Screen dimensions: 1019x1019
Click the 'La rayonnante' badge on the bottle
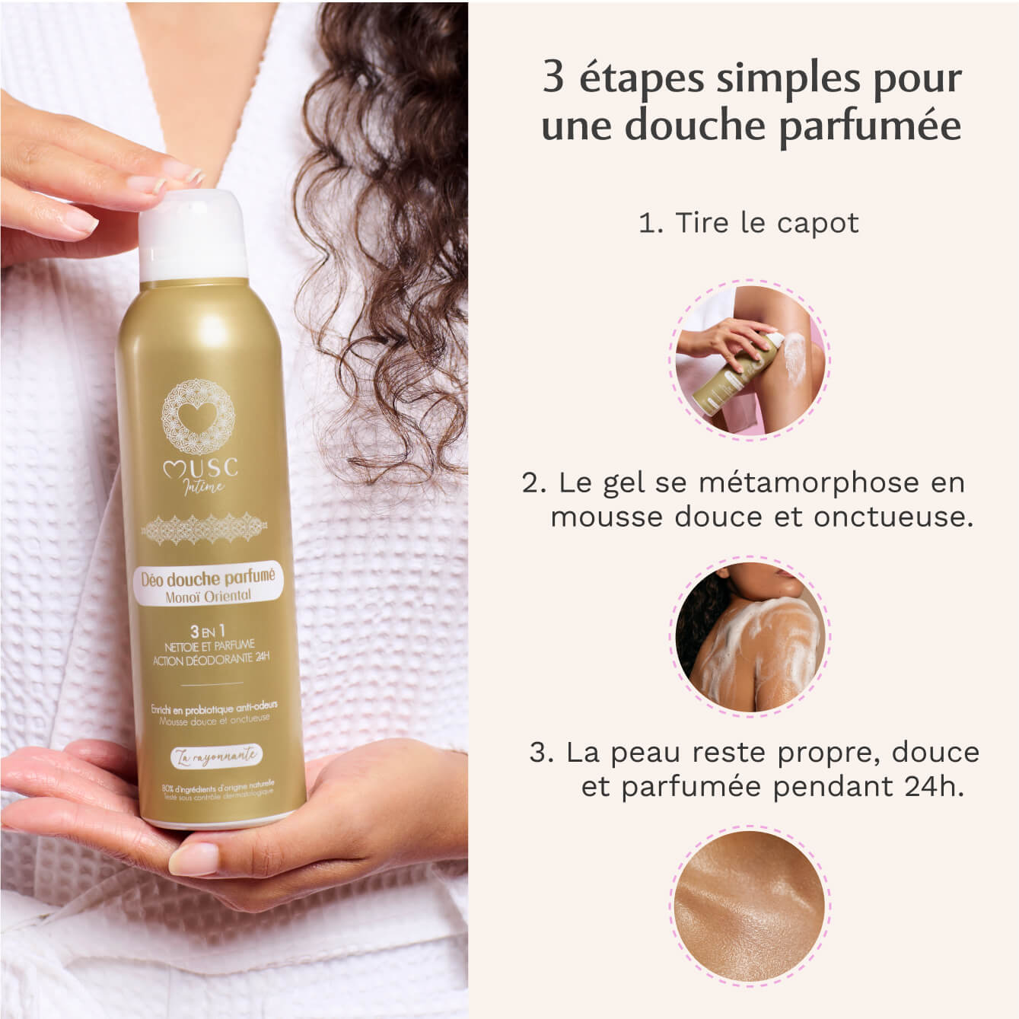tap(214, 756)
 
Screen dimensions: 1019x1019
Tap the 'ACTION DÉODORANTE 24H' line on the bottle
tap(211, 661)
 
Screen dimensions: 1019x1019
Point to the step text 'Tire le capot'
tap(766, 223)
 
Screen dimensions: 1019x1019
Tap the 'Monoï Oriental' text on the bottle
tap(208, 597)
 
